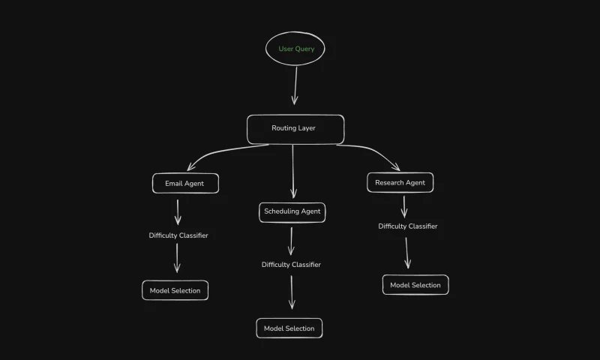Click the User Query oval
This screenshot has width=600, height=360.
point(295,49)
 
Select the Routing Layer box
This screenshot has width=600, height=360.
point(295,128)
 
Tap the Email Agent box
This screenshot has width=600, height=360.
point(184,183)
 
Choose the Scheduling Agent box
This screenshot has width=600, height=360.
point(292,211)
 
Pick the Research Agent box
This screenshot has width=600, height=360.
point(400,182)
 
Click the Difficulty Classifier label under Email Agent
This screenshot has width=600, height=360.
point(178,235)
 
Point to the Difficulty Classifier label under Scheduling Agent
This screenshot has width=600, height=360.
point(291,265)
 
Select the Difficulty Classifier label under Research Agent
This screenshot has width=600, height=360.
point(407,226)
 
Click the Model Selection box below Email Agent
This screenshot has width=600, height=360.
point(175,290)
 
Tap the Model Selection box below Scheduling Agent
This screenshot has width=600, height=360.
point(289,328)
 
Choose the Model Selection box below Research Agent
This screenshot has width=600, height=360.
point(415,285)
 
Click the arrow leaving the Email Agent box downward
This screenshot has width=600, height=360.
point(178,211)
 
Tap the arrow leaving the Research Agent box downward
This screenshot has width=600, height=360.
point(404,206)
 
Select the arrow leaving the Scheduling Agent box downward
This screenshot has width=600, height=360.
point(291,241)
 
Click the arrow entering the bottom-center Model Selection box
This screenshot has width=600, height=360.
point(292,292)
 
